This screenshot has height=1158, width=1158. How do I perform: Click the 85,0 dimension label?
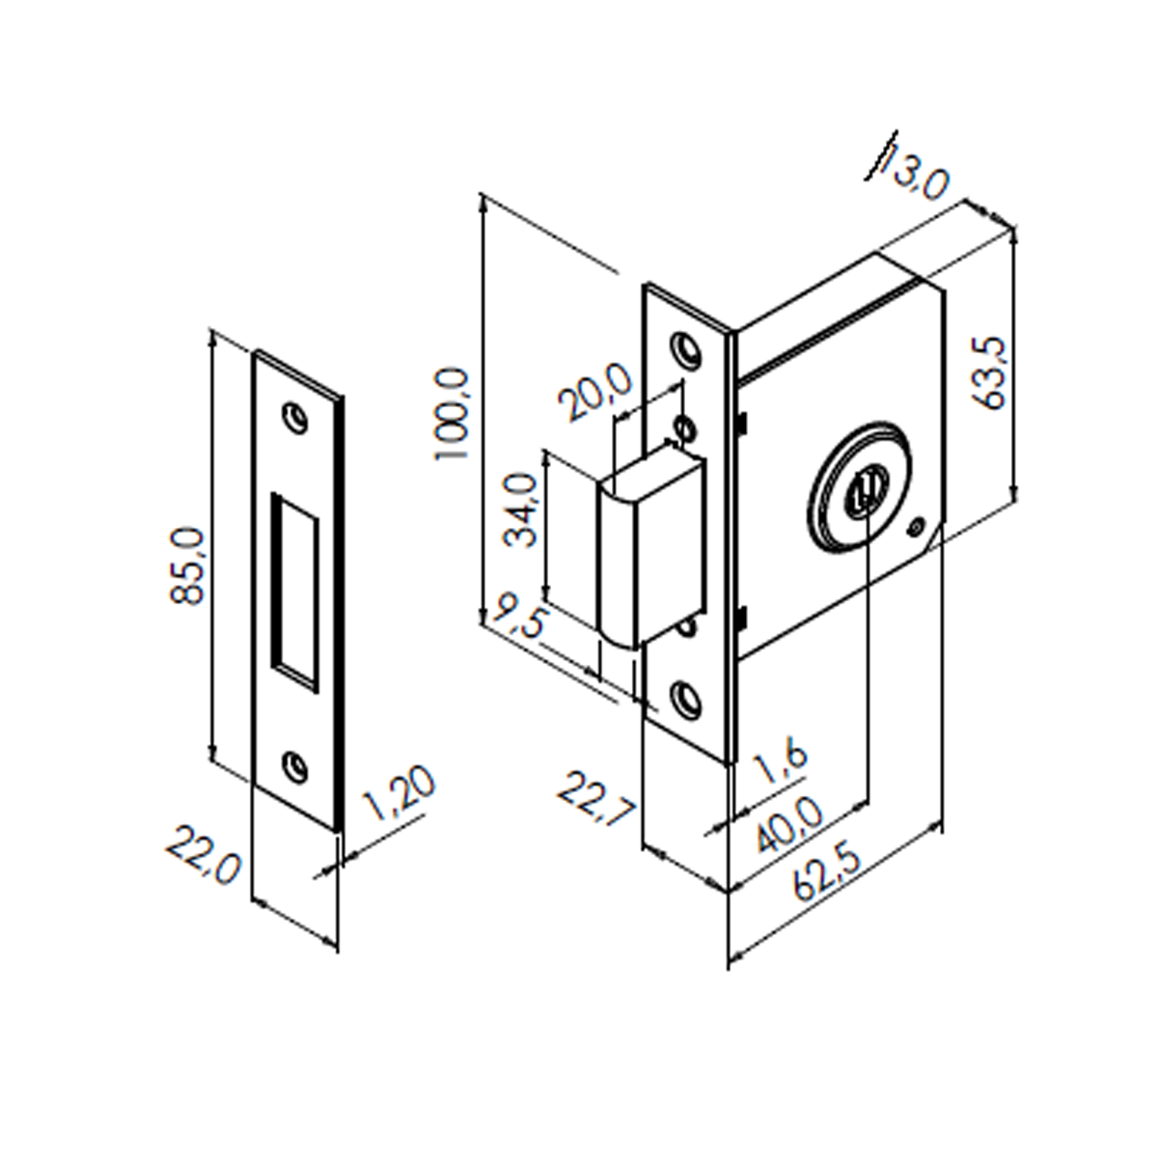click(x=187, y=566)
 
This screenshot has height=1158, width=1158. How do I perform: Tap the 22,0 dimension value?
click(x=203, y=856)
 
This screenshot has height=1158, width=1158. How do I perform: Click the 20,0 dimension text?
click(x=595, y=392)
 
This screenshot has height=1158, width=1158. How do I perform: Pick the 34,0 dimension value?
click(x=519, y=510)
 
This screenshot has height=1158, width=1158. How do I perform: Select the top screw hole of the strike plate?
click(x=295, y=418)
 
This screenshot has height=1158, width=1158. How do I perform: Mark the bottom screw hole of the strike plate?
click(x=294, y=767)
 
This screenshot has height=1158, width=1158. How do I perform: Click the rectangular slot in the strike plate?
click(x=295, y=592)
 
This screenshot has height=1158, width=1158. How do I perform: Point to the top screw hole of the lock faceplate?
click(x=686, y=348)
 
